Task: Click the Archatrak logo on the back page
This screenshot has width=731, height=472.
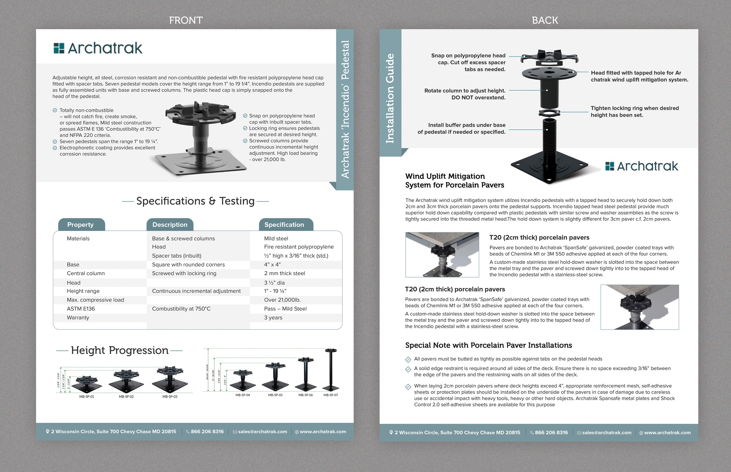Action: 642,166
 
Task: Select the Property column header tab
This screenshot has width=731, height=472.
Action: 81,225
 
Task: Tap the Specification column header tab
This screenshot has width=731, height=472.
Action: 284,225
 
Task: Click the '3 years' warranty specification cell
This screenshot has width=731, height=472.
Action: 273,318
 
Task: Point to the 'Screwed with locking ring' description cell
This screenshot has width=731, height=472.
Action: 184,273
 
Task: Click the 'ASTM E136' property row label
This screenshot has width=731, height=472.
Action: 81,309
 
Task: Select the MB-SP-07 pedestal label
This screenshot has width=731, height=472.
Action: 331,395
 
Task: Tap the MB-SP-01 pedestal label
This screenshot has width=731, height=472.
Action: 87,397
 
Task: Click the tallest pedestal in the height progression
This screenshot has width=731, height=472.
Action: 331,369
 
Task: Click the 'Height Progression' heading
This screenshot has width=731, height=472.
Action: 120,350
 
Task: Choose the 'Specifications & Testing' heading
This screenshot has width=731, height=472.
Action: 195,201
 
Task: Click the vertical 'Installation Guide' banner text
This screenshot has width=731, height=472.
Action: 390,98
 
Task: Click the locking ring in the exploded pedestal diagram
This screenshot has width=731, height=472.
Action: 549,113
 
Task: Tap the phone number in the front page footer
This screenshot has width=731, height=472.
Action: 207,432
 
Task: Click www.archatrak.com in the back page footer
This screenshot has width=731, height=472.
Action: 667,433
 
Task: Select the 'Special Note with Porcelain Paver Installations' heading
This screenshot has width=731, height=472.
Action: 488,345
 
